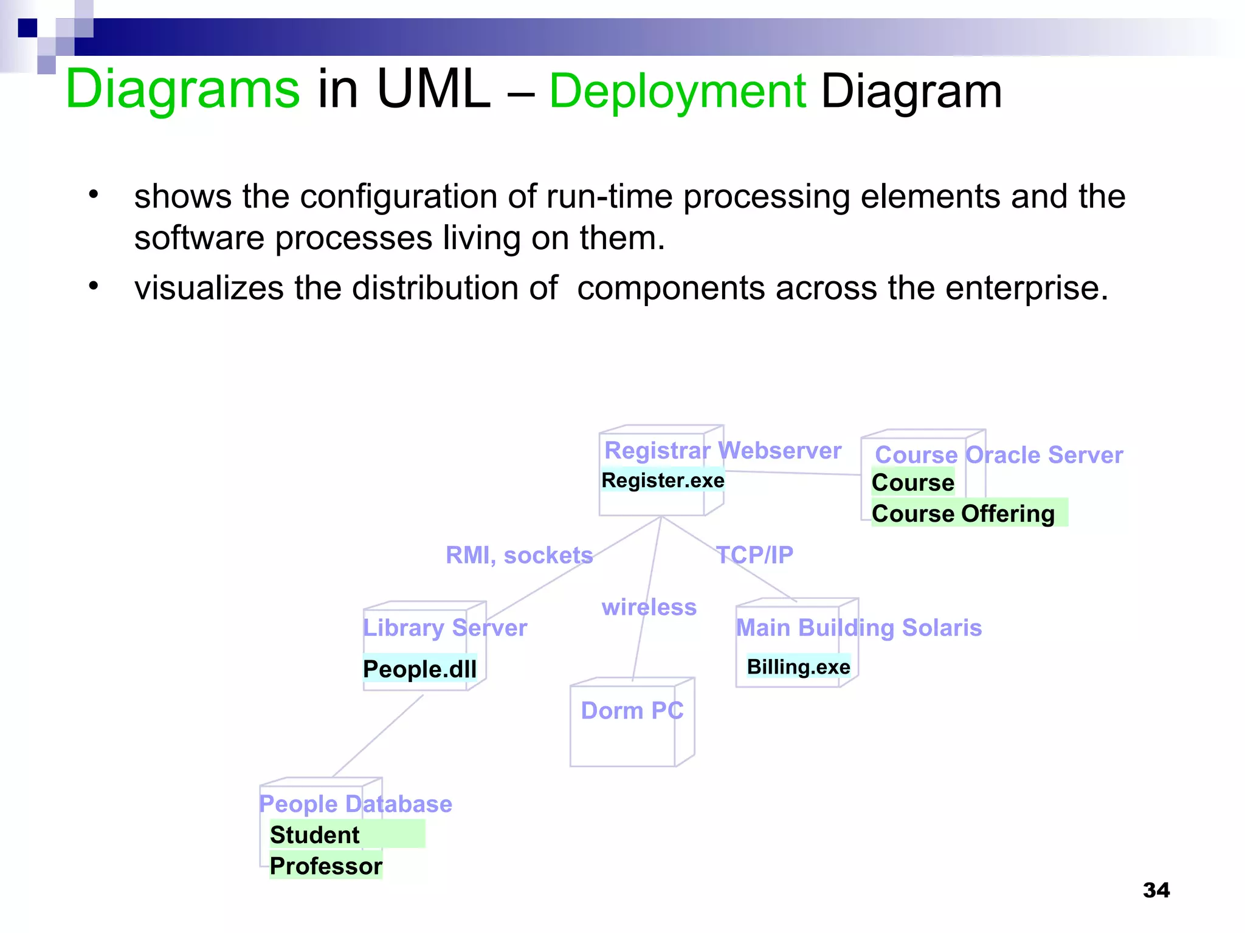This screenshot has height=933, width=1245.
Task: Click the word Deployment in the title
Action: click(677, 91)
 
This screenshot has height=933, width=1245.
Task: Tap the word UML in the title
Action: click(433, 89)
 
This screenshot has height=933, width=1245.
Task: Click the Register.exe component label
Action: click(663, 480)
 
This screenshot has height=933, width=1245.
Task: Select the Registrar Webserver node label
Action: click(722, 451)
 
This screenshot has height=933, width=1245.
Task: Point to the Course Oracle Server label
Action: click(998, 455)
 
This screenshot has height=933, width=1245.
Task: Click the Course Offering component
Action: click(963, 514)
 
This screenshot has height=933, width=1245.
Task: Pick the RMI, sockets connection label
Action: click(519, 555)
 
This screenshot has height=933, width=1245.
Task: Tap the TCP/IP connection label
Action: click(754, 555)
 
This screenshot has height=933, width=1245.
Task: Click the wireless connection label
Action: click(649, 607)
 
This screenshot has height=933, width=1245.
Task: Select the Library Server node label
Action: click(445, 627)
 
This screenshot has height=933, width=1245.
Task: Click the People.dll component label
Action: click(419, 669)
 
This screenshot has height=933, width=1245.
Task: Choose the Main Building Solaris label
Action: click(858, 627)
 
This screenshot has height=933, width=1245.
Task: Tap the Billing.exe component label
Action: click(798, 667)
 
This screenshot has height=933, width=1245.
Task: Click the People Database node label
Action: click(356, 804)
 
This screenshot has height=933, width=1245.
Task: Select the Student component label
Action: click(315, 835)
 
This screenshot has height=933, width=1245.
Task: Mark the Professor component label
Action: click(326, 866)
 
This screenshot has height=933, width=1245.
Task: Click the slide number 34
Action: click(1156, 890)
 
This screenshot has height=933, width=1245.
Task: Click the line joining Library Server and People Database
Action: click(378, 736)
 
